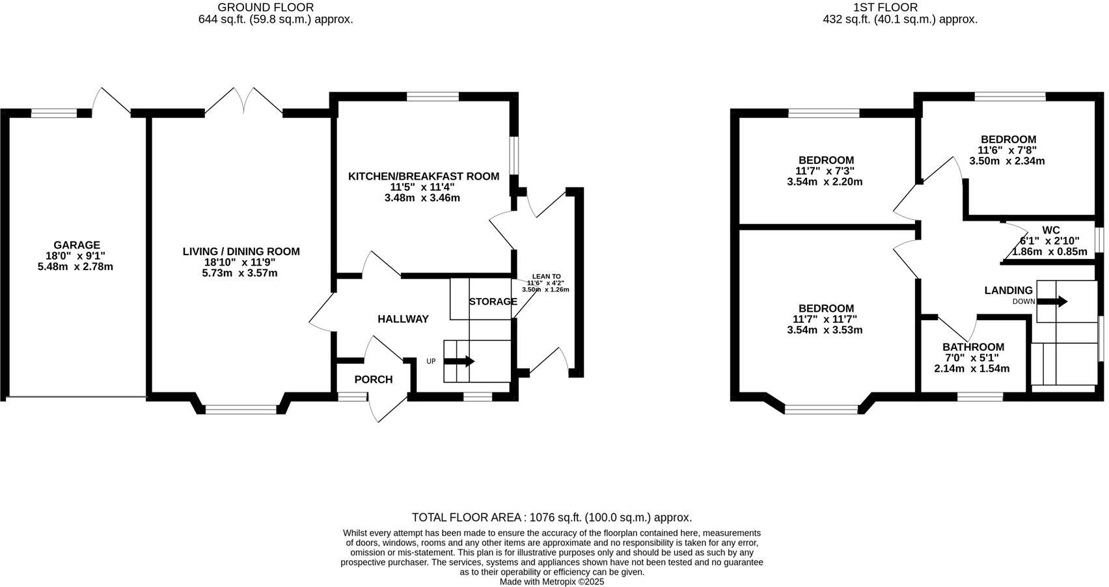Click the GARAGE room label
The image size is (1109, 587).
[77, 245]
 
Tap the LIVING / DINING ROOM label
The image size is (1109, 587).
[241, 251]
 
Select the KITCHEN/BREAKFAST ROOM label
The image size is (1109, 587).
[423, 176]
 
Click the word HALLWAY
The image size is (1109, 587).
[403, 319]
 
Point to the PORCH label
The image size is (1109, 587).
[374, 379]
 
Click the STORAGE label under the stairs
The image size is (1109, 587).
[493, 301]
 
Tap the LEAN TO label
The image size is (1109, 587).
[545, 277]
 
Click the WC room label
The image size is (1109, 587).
[1051, 230]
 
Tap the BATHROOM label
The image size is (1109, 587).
[973, 347]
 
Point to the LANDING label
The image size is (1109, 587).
[1008, 290]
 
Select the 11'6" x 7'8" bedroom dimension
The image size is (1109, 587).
[1008, 150]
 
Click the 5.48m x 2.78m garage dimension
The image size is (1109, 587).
[75, 266]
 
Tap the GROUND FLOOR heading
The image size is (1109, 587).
[266, 7]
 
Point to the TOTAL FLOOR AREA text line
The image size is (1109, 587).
[552, 517]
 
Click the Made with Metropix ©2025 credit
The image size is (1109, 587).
[552, 582]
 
